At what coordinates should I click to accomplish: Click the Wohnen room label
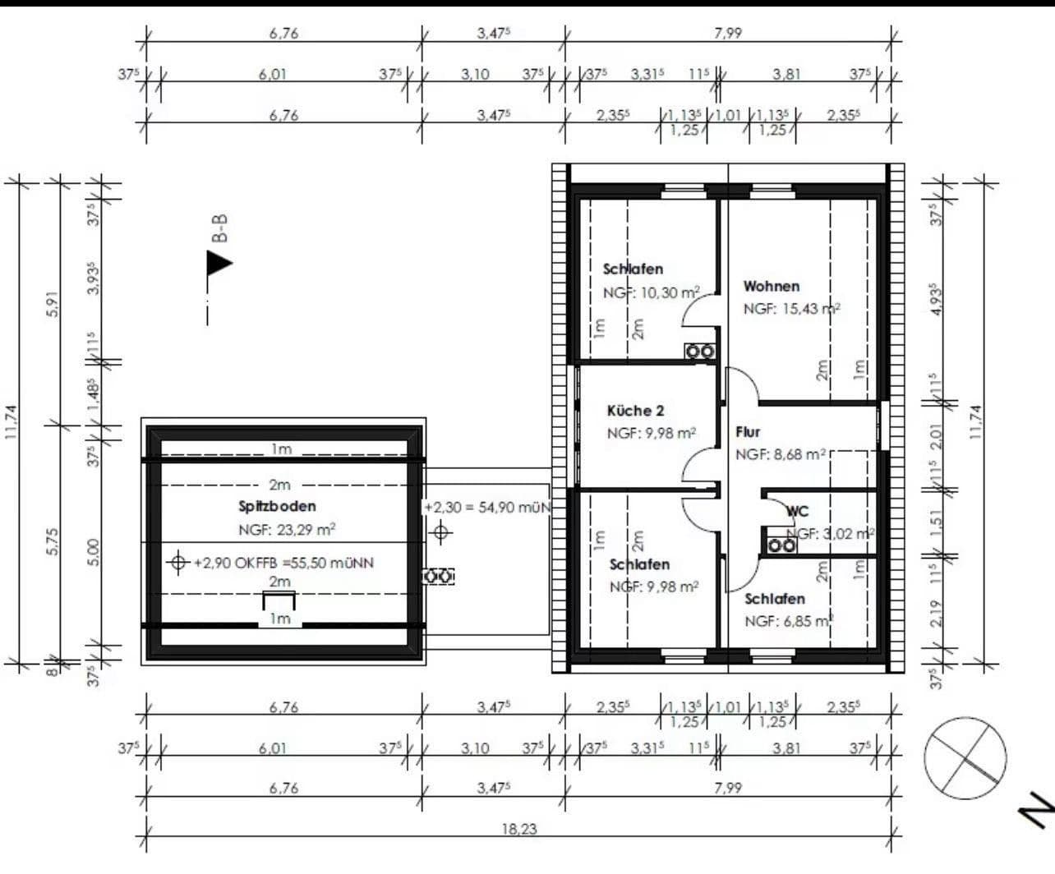click(x=771, y=287)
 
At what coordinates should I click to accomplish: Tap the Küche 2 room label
click(x=635, y=411)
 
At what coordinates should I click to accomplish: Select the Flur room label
click(x=748, y=432)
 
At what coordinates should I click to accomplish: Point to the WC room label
click(x=797, y=512)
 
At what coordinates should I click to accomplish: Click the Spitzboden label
click(x=277, y=507)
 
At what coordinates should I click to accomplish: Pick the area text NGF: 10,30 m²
click(x=652, y=292)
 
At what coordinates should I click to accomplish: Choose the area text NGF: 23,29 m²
click(x=287, y=530)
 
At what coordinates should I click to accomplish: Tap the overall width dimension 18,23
click(x=519, y=829)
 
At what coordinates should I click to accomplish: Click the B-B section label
click(x=219, y=228)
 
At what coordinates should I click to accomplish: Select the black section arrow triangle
click(x=218, y=263)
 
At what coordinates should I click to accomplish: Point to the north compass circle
click(x=965, y=757)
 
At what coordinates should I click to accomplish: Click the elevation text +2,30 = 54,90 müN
click(x=486, y=508)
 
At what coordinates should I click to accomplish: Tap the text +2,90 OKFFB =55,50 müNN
click(x=283, y=563)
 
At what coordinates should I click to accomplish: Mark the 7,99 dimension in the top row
click(x=728, y=34)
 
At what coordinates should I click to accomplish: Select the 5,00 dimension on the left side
click(x=93, y=552)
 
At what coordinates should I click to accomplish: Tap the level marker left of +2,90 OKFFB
click(x=177, y=563)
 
